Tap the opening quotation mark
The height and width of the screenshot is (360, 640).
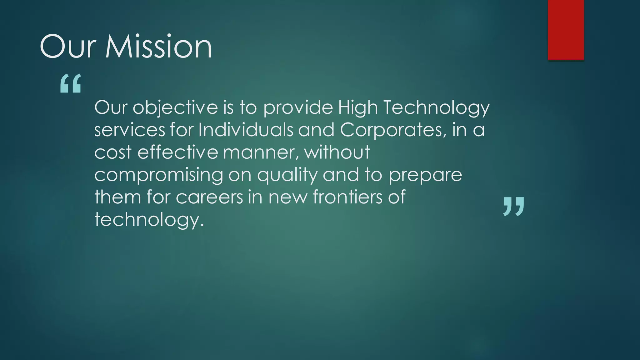(71, 83)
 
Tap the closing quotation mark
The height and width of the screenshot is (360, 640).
(513, 207)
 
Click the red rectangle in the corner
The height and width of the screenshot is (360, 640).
(566, 30)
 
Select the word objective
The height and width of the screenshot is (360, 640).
(175, 107)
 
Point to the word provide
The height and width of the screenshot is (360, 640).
(298, 107)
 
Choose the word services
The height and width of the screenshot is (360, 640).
(129, 130)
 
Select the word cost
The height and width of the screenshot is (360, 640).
(113, 152)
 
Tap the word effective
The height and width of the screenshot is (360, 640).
(177, 152)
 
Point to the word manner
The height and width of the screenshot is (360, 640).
(259, 152)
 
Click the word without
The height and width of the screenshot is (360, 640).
(337, 152)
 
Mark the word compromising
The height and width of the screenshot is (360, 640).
(159, 175)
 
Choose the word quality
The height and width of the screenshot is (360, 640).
(287, 175)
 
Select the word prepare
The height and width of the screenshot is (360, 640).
(425, 175)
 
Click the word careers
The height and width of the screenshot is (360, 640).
(209, 197)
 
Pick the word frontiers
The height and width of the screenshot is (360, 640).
(347, 197)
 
